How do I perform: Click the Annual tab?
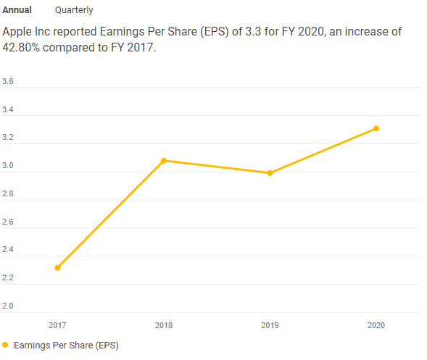pyautogui.click(x=17, y=10)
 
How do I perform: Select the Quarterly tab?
pyautogui.click(x=74, y=10)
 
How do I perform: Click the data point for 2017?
pyautogui.click(x=57, y=267)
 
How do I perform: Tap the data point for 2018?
pyautogui.click(x=164, y=161)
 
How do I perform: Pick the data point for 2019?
pyautogui.click(x=270, y=173)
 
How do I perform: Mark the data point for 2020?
pyautogui.click(x=376, y=129)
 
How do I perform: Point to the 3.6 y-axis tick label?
pyautogui.click(x=8, y=82)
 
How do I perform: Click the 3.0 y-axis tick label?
pyautogui.click(x=8, y=166)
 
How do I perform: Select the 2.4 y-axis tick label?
pyautogui.click(x=8, y=250)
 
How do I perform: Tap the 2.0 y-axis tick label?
pyautogui.click(x=8, y=306)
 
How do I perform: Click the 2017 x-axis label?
pyautogui.click(x=57, y=325)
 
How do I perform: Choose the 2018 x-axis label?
pyautogui.click(x=164, y=325)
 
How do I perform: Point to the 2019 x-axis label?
pyautogui.click(x=270, y=325)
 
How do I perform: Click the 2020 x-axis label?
pyautogui.click(x=376, y=325)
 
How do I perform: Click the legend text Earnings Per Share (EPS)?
pyautogui.click(x=66, y=346)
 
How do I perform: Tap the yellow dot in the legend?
pyautogui.click(x=6, y=346)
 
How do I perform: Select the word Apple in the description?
pyautogui.click(x=18, y=33)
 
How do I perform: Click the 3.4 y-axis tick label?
pyautogui.click(x=8, y=110)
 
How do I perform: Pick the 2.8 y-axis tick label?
pyautogui.click(x=8, y=194)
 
